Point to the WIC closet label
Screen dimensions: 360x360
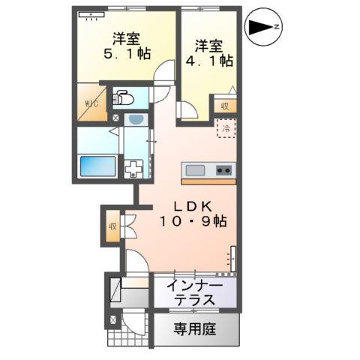tap(91, 103)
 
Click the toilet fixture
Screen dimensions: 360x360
tap(124, 98)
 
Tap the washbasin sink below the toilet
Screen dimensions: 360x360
tap(136, 118)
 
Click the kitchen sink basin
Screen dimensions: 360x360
tap(194, 169)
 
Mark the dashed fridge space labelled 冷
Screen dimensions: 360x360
tap(226, 127)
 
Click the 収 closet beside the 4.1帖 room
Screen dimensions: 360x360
tap(226, 106)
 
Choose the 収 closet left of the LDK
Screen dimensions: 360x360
tap(112, 226)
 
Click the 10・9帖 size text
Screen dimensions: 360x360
tap(193, 222)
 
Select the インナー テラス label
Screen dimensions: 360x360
tap(195, 292)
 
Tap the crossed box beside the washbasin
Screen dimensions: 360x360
tap(115, 118)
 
